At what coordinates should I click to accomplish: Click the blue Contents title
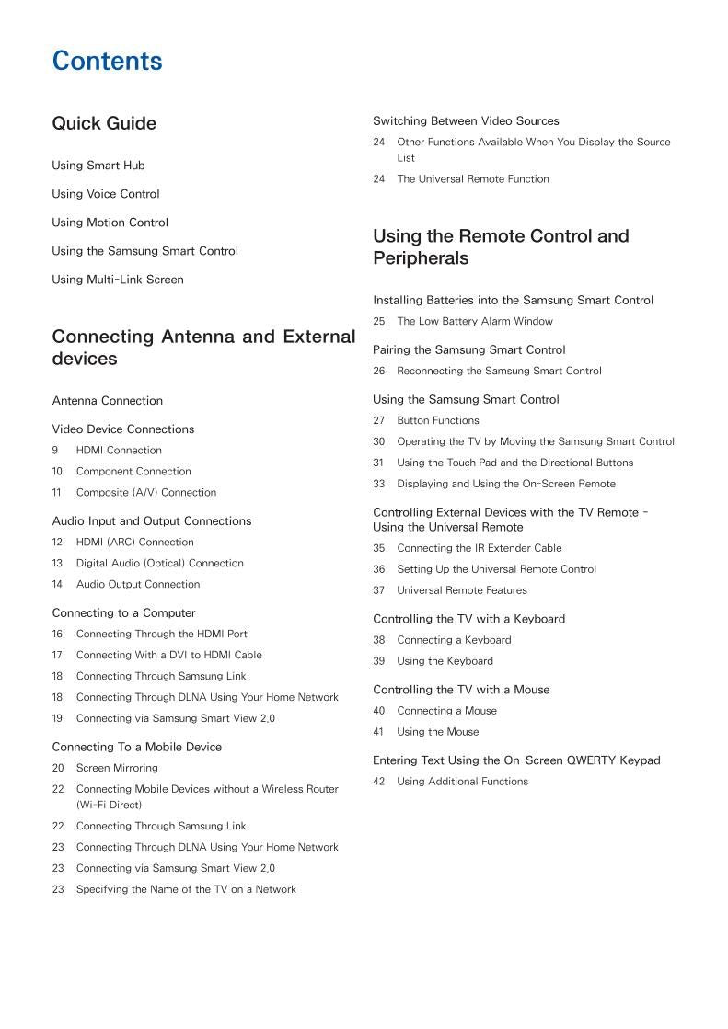[107, 62]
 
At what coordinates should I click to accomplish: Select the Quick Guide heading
[104, 123]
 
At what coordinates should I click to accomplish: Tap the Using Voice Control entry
[106, 194]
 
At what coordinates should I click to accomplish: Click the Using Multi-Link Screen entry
[118, 280]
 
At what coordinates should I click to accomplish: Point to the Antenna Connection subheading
[107, 401]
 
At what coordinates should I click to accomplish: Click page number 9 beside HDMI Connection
[55, 451]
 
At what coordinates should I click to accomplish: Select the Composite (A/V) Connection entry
[146, 493]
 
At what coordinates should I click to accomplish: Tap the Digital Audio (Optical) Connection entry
[160, 564]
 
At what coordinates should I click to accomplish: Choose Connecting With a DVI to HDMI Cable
[169, 656]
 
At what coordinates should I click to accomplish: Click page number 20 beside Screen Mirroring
[58, 769]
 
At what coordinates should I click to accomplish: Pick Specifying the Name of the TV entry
[186, 890]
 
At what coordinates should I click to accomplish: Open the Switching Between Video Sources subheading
[466, 121]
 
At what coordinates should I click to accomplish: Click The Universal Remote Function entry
[473, 179]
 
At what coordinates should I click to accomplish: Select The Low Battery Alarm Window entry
[475, 322]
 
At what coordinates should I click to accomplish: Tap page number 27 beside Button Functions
[379, 421]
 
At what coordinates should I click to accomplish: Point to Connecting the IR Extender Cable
[480, 549]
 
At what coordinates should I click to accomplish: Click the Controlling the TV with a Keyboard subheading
[468, 620]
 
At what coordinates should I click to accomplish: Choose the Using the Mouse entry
[438, 733]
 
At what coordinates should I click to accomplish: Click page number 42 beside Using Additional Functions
[379, 783]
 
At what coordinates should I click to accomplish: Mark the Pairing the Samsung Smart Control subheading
[469, 350]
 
